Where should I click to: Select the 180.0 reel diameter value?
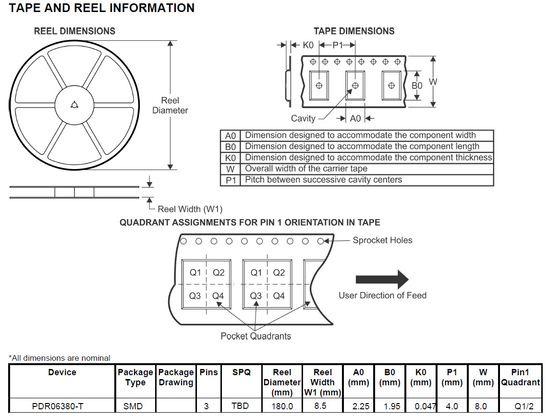click(282, 406)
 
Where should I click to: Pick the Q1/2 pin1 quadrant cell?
click(521, 406)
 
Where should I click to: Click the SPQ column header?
click(241, 372)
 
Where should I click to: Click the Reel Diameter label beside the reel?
click(170, 105)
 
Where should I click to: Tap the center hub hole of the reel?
click(74, 105)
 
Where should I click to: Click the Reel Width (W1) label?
click(190, 209)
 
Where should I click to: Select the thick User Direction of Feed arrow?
click(382, 280)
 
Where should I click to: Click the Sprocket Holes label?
click(382, 240)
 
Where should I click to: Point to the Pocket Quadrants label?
click(256, 336)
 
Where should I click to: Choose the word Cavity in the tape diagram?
click(303, 118)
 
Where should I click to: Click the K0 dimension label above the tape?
click(308, 45)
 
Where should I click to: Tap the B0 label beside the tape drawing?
click(417, 86)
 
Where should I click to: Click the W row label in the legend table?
click(230, 169)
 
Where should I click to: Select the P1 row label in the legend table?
click(230, 180)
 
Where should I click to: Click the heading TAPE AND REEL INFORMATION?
click(102, 8)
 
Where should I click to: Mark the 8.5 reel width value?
click(320, 406)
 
